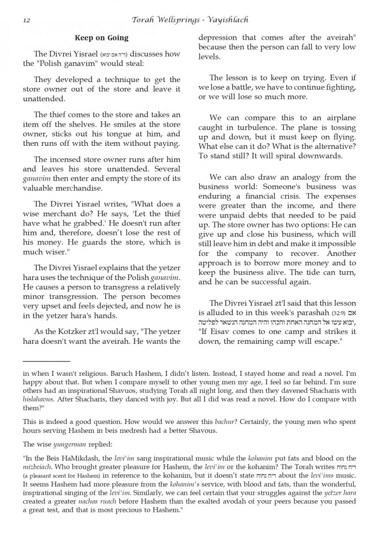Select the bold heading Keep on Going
pos(101,38)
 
